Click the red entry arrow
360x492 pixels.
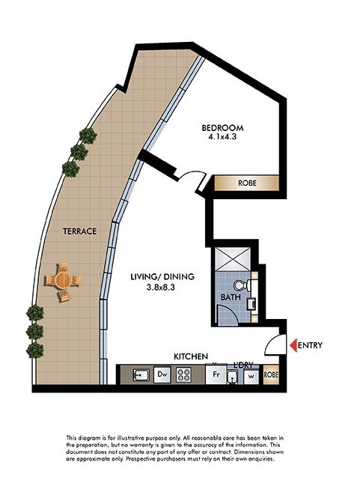tap(293, 345)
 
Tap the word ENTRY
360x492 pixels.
tap(310, 345)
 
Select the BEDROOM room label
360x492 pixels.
tap(222, 128)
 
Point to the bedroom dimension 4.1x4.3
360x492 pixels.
tap(222, 137)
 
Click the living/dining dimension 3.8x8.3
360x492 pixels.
tap(161, 287)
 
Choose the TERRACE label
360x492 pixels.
tap(79, 231)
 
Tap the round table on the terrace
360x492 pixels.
tap(64, 280)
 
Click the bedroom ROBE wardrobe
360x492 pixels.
tap(247, 183)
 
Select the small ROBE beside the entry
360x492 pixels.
tap(271, 374)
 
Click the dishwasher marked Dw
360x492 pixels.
tap(162, 374)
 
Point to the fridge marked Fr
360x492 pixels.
tap(216, 374)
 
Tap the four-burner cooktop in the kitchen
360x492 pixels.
tap(183, 374)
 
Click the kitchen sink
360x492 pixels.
tap(141, 375)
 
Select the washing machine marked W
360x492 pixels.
tap(251, 377)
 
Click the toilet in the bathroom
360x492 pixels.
tap(242, 285)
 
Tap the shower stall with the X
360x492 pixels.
tap(233, 260)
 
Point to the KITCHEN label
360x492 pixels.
tap(191, 356)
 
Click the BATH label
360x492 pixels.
tap(231, 297)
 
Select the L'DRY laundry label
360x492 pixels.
tap(243, 365)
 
